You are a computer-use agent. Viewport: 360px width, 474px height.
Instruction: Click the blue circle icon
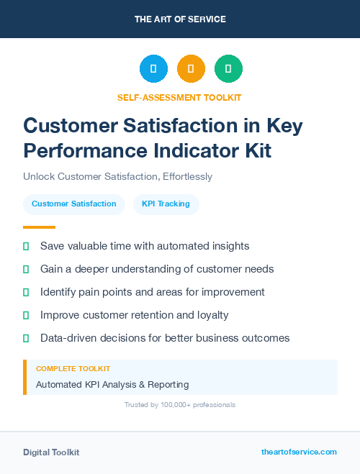(153, 69)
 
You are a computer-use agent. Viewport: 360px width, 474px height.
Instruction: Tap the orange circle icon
(191, 69)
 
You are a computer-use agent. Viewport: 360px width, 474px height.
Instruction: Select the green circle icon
(228, 69)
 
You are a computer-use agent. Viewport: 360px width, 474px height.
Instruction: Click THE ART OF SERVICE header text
(180, 19)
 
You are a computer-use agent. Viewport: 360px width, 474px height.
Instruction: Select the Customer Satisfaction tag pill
(74, 204)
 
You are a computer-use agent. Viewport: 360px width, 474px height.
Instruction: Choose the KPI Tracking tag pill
(166, 204)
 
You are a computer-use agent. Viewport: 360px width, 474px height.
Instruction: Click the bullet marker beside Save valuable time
(26, 246)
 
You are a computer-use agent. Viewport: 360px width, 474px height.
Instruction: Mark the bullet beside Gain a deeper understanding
(26, 269)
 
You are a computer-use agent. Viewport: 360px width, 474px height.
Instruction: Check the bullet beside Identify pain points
(26, 292)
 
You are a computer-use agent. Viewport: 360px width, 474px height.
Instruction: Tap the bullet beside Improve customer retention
(26, 315)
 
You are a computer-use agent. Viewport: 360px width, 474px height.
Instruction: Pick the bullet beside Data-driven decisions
(26, 338)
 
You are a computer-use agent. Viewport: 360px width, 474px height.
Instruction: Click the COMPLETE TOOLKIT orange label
(73, 368)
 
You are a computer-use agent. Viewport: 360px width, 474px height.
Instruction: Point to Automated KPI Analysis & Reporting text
(112, 384)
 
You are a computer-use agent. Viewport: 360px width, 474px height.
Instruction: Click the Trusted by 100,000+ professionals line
(179, 405)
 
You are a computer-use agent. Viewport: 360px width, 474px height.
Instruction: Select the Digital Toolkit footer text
(51, 452)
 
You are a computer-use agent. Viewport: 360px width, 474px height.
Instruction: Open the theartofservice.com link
(299, 452)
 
